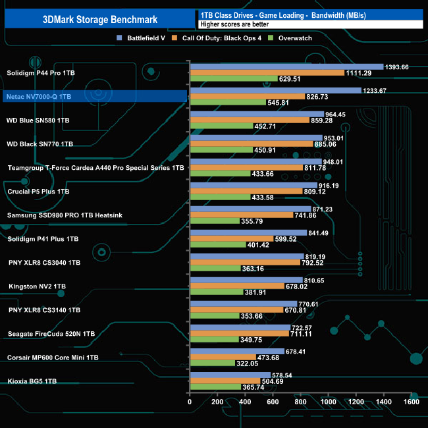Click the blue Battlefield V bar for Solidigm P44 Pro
click(286, 67)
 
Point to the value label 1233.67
click(379, 90)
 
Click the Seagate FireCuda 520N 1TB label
click(51, 334)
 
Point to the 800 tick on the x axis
click(300, 402)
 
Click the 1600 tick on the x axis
click(412, 402)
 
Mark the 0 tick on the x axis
click(190, 402)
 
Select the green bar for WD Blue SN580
click(221, 126)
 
